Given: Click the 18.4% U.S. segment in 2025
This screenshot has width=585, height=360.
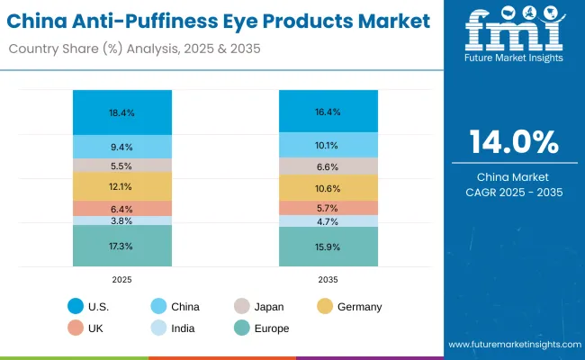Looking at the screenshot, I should [121, 112].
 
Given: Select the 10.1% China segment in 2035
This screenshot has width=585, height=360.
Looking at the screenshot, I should [328, 145].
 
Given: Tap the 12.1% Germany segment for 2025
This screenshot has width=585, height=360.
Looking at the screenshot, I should [121, 186].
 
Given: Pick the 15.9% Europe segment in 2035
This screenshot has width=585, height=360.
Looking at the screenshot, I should [328, 247].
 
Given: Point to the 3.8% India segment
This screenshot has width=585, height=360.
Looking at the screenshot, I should [121, 220].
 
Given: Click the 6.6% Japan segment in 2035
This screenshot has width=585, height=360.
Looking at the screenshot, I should [328, 166].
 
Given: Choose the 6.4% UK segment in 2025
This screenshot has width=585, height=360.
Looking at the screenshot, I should [121, 208].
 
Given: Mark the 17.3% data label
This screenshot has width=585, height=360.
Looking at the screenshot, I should [121, 246].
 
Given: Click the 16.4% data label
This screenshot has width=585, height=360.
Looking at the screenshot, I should [328, 112].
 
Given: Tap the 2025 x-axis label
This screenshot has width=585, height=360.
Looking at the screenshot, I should [121, 280].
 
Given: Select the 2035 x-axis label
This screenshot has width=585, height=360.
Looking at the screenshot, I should [328, 280].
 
